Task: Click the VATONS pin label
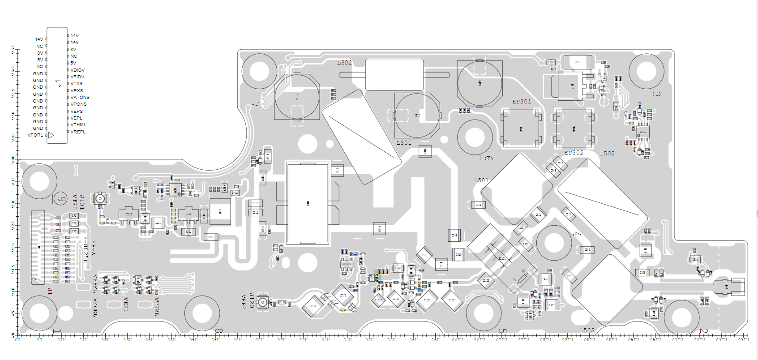[80, 98]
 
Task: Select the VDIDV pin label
[77, 70]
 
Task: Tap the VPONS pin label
[78, 104]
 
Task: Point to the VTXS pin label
[77, 84]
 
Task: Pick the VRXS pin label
[77, 91]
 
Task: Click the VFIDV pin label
[77, 77]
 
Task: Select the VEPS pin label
[77, 111]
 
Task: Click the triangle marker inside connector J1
[51, 135]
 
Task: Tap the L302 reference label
[344, 63]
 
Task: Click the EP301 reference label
[522, 102]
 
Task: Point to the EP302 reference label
[574, 153]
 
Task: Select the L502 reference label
[607, 154]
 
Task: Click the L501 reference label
[481, 180]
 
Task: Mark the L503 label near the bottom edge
[587, 330]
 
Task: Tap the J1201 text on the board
[252, 302]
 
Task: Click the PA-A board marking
[93, 248]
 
